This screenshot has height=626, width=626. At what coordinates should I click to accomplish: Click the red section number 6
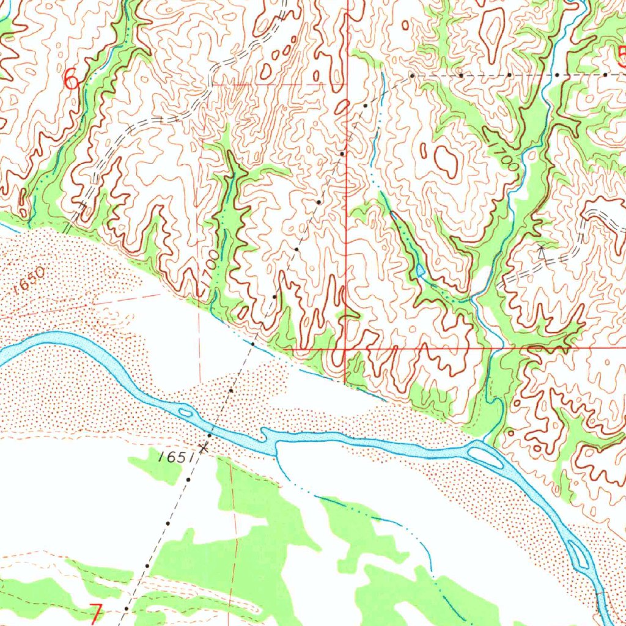click(x=72, y=79)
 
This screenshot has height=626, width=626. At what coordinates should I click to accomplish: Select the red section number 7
click(x=96, y=613)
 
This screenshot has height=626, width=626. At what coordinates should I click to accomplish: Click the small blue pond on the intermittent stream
click(x=420, y=270)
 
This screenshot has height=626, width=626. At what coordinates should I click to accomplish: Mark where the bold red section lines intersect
click(x=346, y=349)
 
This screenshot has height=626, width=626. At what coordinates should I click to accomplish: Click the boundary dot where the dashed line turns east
click(x=412, y=75)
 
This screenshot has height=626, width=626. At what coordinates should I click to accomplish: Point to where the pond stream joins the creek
click(x=472, y=300)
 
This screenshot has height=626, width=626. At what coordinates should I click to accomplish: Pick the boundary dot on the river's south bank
click(x=209, y=435)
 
